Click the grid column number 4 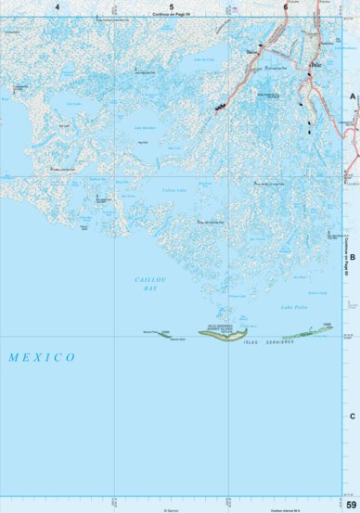click(57, 6)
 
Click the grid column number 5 click(171, 6)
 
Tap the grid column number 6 click(285, 6)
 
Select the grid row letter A click(353, 96)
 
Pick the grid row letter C click(353, 417)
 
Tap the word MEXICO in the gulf click(41, 357)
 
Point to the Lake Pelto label click(294, 307)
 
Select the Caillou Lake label click(174, 190)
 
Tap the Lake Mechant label click(146, 126)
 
